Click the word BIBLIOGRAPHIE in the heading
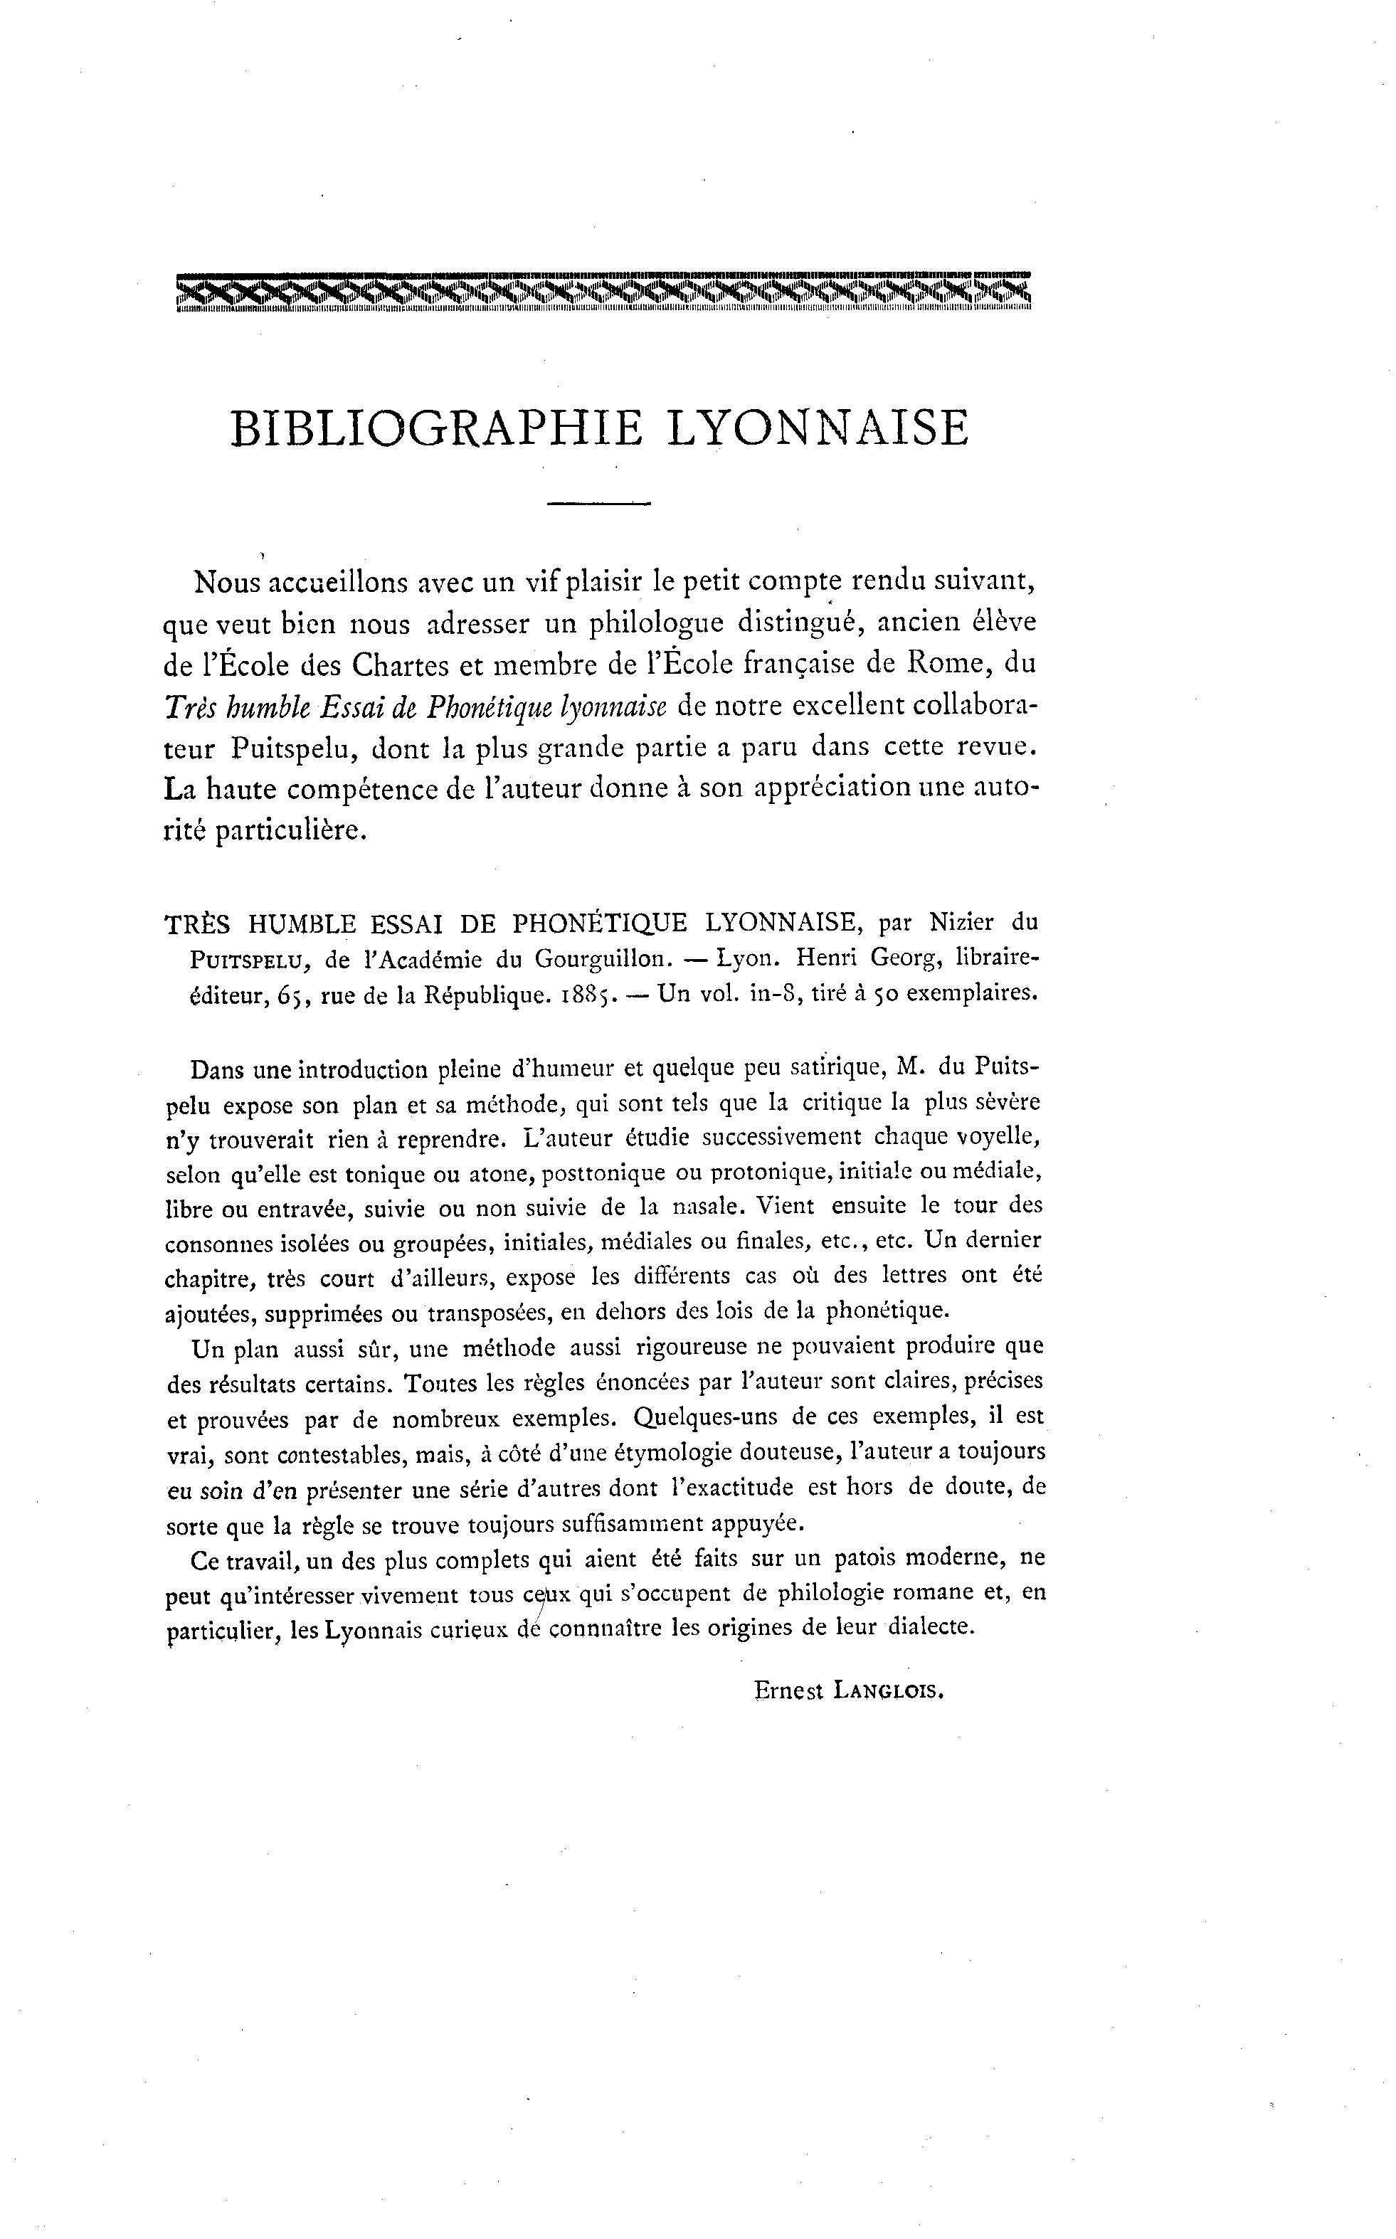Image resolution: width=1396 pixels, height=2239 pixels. pyautogui.click(x=437, y=429)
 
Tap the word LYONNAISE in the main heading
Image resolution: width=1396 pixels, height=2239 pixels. pyautogui.click(x=816, y=429)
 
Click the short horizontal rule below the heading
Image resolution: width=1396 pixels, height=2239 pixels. pyautogui.click(x=599, y=504)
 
